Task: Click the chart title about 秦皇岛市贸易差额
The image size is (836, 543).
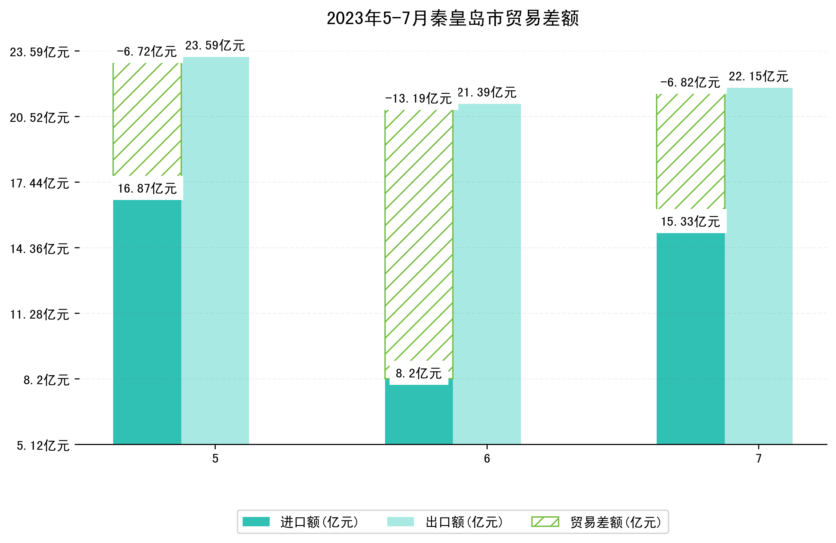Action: (x=453, y=18)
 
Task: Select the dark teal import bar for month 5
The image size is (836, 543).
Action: (x=147, y=321)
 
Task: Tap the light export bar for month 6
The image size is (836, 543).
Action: (x=487, y=274)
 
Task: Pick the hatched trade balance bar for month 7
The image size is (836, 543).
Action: (x=690, y=151)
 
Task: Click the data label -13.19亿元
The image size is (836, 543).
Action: (x=418, y=99)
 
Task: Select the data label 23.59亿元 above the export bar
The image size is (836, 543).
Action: (x=215, y=46)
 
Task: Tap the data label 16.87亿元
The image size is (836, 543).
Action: (x=147, y=189)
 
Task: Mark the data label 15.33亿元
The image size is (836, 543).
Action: (x=690, y=222)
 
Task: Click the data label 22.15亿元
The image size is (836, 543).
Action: (x=758, y=77)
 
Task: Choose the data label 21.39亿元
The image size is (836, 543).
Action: (x=487, y=93)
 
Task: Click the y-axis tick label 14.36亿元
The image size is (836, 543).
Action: (x=39, y=249)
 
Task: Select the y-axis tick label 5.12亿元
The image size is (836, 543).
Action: (x=43, y=446)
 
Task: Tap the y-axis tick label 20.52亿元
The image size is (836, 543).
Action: (x=39, y=118)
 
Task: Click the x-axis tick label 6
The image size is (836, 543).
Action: (x=487, y=459)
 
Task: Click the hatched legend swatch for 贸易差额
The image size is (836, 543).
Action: (x=545, y=522)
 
